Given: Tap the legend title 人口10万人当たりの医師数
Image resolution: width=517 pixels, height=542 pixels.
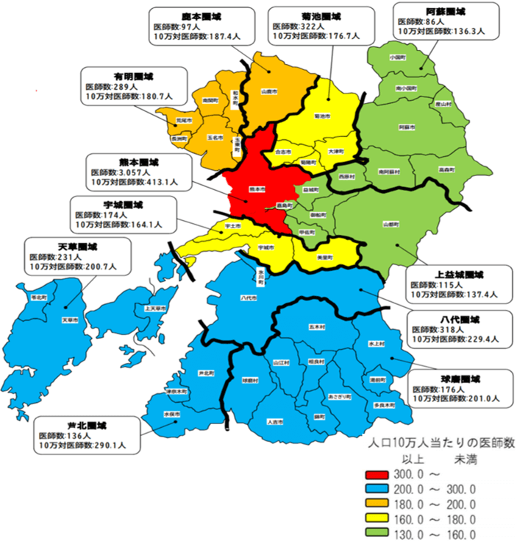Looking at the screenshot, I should pos(441,443).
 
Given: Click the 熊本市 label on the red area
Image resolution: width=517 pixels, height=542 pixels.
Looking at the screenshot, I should pos(257,189).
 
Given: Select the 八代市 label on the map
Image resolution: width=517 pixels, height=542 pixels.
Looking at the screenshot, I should pos(249,298).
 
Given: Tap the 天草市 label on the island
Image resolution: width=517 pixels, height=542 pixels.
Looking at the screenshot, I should pos(70,320).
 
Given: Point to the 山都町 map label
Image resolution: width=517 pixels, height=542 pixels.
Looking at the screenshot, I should pos(390,224).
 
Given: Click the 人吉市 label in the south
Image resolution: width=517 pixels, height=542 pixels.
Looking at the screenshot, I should pos(274,422).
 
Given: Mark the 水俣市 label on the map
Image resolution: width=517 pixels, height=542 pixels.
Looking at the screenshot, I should pos(173,415).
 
